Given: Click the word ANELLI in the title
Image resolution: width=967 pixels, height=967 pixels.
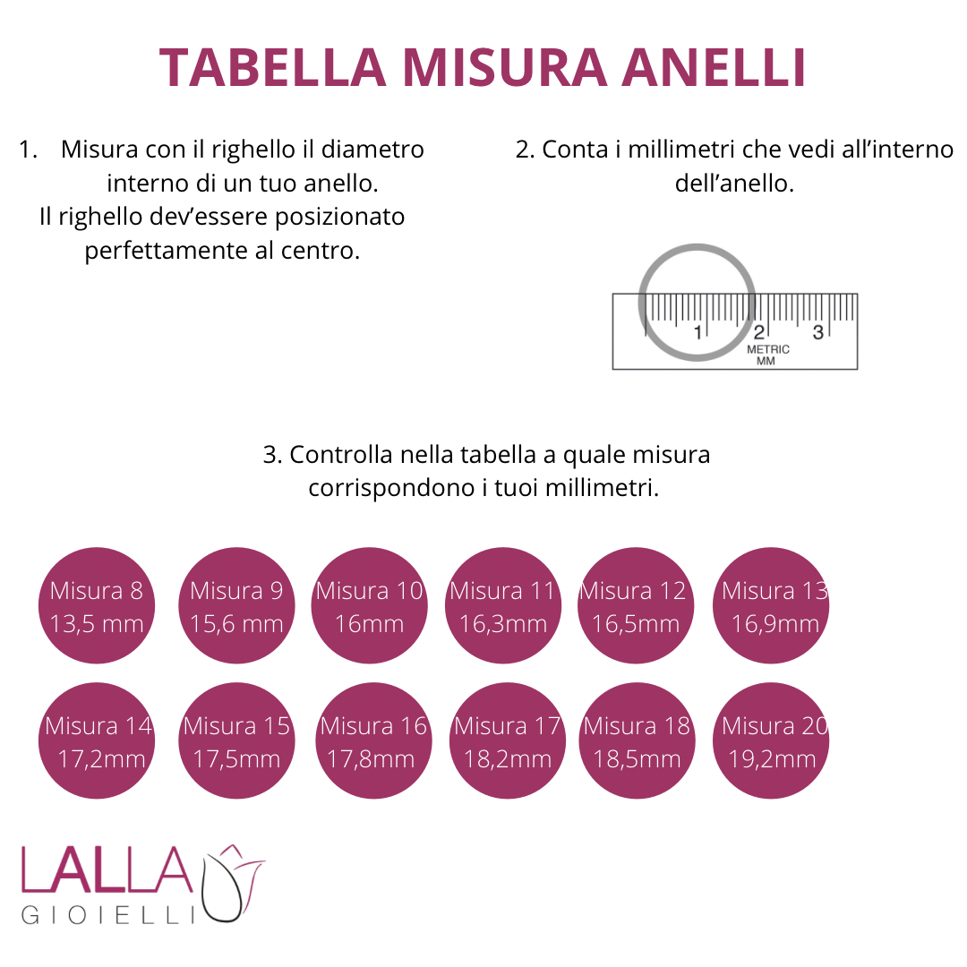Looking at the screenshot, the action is (714, 67).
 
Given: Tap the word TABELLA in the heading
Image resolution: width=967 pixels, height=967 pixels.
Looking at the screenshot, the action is (272, 67).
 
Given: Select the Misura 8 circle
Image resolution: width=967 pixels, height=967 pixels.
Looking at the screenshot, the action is (97, 605).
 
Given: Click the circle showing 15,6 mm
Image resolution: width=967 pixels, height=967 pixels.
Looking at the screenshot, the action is (236, 605).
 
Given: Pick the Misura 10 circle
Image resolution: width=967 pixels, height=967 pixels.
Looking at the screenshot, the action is (370, 605).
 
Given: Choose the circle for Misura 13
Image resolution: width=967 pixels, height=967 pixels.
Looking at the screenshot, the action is (771, 605).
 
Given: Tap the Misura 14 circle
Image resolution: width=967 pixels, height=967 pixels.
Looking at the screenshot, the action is (97, 740).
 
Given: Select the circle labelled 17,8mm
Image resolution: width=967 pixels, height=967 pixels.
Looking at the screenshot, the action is (373, 740).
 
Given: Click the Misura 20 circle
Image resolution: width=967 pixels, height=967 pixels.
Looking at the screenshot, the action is (771, 740).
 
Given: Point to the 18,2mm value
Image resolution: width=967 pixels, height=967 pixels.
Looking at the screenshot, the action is (508, 759).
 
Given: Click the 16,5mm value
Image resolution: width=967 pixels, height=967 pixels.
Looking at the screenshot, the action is (636, 624).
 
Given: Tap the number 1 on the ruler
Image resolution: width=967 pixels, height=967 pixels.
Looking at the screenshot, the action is (697, 333).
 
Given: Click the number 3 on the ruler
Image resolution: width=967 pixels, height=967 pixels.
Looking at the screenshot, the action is (817, 333).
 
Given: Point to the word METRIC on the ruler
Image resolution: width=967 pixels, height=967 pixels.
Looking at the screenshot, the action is (768, 350).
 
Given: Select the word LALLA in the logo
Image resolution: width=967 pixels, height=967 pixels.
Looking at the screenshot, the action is (107, 869).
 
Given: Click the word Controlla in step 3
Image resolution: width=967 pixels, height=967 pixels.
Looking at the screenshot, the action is (341, 455).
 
